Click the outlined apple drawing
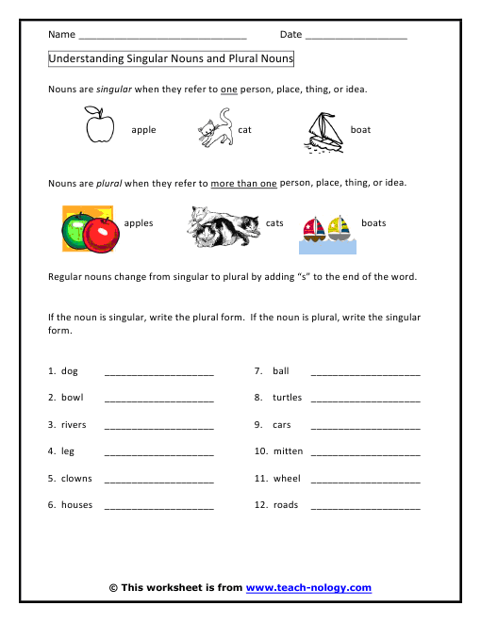(x=99, y=125)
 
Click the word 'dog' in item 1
(x=69, y=371)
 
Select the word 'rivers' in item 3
(x=74, y=425)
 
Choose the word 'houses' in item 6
(x=76, y=505)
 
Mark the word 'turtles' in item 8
(x=287, y=398)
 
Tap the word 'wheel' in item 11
(x=286, y=479)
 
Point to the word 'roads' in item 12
(x=285, y=505)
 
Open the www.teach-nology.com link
(x=308, y=588)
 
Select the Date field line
(x=356, y=36)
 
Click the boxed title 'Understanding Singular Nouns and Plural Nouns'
(x=171, y=58)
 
